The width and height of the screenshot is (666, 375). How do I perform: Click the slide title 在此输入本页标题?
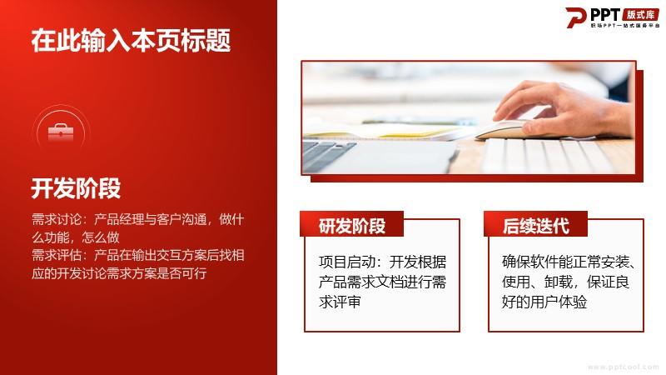pos(131,40)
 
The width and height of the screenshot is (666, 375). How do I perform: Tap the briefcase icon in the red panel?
pos(61,132)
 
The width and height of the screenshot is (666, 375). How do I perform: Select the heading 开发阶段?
pos(76,188)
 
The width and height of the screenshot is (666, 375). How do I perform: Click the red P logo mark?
pos(575,17)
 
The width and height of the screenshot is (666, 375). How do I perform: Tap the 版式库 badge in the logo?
pos(640,15)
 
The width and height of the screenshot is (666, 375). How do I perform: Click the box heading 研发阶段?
pos(352,225)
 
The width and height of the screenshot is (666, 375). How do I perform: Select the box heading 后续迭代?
pos(536,225)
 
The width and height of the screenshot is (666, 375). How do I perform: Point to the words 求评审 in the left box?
pos(340,302)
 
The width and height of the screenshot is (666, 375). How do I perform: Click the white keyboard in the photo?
pos(552,156)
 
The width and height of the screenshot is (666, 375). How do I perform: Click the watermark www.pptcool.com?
pos(623,367)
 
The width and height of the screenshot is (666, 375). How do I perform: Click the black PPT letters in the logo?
pos(605,15)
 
